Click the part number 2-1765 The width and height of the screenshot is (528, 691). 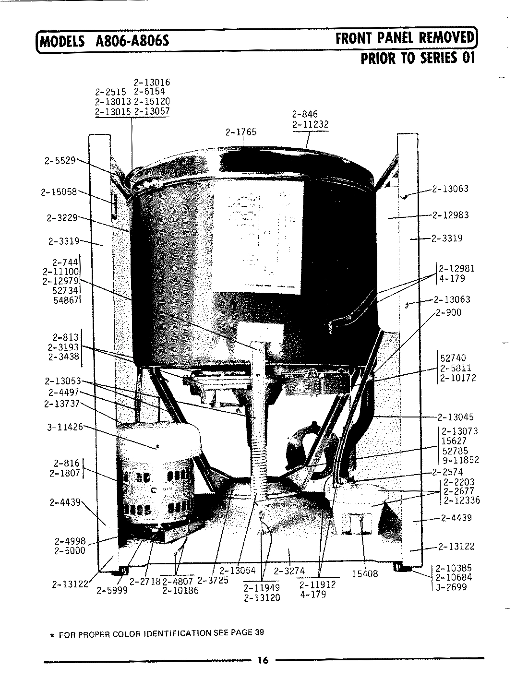241,132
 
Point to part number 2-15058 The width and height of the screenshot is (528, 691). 59,192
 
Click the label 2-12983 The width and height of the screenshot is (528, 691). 450,215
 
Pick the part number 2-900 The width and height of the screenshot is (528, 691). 449,312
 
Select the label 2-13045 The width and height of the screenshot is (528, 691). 455,417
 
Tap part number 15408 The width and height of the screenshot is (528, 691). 365,574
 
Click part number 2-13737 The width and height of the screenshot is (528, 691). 61,404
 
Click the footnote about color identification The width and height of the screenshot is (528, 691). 160,632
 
